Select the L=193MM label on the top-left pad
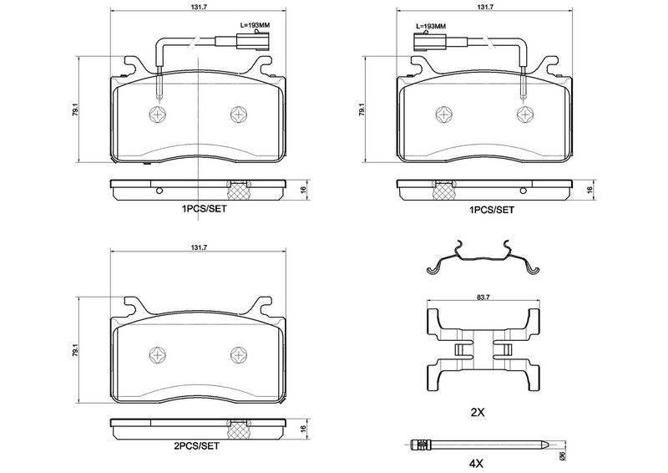[254, 26]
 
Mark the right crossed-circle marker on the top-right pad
[525, 114]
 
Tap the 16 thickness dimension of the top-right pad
[590, 191]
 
